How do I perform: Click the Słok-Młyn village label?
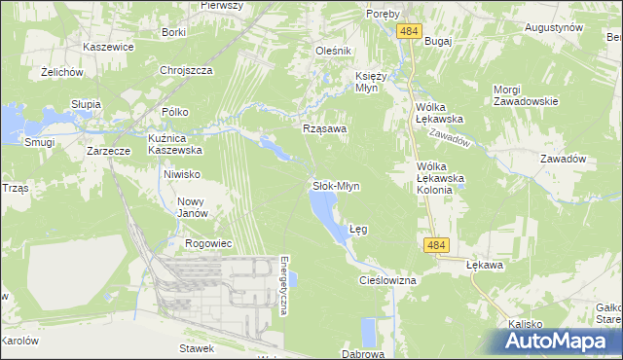pyautogui.click(x=336, y=185)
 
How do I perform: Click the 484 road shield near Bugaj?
pyautogui.click(x=409, y=32)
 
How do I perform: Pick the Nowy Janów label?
pyautogui.click(x=192, y=207)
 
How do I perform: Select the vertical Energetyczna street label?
pyautogui.click(x=283, y=286)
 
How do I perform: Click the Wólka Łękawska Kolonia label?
pyautogui.click(x=435, y=177)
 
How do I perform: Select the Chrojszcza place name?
pyautogui.click(x=186, y=71)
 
